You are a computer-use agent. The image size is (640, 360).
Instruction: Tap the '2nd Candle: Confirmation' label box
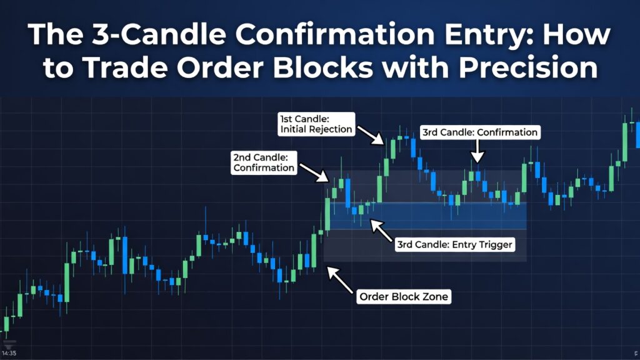coord(263,161)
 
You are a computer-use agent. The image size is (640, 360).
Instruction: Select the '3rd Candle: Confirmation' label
coord(480,132)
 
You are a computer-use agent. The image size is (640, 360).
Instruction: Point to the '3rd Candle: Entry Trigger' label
coord(455,245)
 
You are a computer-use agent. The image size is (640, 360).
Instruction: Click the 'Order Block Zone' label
coord(404,297)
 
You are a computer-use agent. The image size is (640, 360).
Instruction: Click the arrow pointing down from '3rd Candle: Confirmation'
coord(477,152)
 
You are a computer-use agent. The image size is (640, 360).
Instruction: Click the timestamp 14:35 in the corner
coord(9,353)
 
